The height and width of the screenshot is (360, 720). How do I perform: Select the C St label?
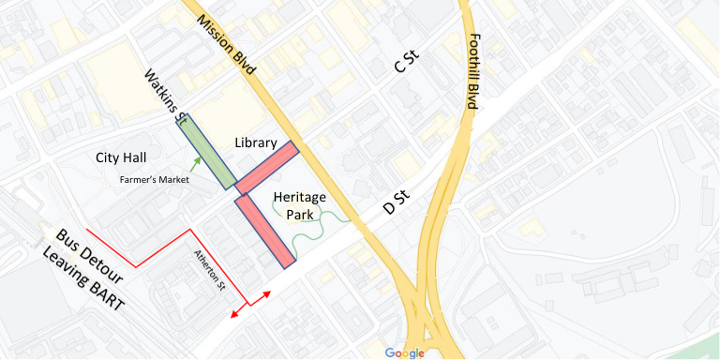click(406, 66)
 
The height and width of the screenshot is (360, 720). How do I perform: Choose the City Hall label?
click(126, 157)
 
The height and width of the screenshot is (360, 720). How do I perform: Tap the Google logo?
click(404, 352)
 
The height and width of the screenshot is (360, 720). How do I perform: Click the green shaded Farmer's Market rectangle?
click(208, 151)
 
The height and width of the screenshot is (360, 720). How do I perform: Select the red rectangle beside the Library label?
click(267, 168)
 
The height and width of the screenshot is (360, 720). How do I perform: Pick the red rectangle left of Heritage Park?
click(265, 231)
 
